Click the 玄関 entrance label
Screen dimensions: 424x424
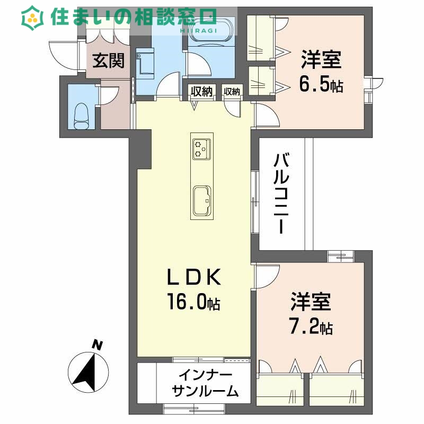[x=109, y=61]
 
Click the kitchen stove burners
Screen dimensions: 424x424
[x=201, y=148]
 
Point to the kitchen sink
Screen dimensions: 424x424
[x=202, y=200]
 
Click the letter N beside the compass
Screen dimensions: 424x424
[x=97, y=345]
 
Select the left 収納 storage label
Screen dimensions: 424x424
[x=201, y=92]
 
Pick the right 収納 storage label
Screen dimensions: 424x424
[x=232, y=92]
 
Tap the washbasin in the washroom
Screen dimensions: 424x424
[x=144, y=62]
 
